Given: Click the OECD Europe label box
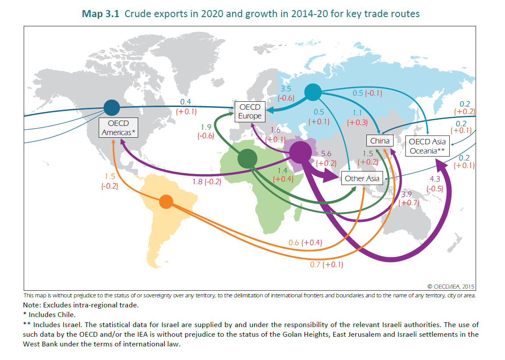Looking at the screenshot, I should click(250, 111).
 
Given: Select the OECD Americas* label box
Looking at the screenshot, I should click(118, 128).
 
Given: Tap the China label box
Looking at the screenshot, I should click(380, 141).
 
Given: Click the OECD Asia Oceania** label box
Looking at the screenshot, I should click(427, 146).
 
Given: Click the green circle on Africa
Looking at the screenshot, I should click(247, 158).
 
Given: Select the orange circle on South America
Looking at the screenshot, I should click(166, 202).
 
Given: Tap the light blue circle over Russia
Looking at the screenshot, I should click(313, 92).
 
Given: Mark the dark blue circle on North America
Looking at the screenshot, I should click(112, 107).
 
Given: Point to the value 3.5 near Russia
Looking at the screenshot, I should click(285, 89).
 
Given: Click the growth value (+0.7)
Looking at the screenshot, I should click(409, 203).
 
